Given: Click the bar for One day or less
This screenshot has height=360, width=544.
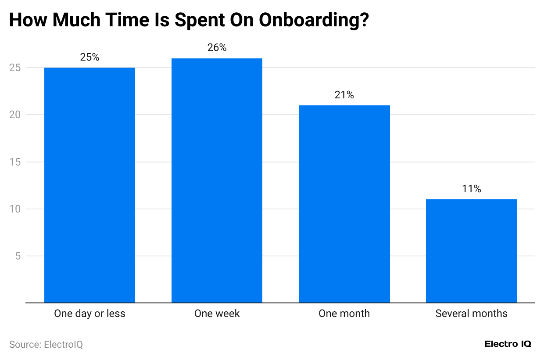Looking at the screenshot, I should point(89,185).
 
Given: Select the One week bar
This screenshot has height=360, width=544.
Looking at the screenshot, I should point(217,180).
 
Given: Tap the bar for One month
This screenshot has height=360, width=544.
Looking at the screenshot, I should point(344,204).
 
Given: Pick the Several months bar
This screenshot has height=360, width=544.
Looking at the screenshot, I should point(471,251).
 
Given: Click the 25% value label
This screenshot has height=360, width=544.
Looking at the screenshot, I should point(89,57).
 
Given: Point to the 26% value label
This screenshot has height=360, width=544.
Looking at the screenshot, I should point(217,48).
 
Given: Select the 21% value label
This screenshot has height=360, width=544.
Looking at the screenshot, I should point(344,95).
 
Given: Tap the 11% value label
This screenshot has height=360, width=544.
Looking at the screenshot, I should point(471,189).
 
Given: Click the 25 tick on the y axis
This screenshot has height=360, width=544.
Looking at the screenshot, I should point(16,68).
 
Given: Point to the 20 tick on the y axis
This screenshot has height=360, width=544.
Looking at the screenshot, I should point(16,115).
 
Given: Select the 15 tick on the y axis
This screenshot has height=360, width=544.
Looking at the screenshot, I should point(16,162).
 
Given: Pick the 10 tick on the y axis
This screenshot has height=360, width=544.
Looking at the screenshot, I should point(16,209).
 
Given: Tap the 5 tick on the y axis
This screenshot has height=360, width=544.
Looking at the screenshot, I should point(18,256).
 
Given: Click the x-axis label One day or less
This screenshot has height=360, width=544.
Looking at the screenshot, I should point(89,313).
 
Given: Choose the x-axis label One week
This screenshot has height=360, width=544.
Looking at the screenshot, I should point(217,313).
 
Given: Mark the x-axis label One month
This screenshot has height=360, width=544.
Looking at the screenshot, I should point(344,313).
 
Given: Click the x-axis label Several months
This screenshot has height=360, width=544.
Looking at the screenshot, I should point(471,313).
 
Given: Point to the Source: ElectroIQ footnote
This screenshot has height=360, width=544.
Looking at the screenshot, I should point(46,345).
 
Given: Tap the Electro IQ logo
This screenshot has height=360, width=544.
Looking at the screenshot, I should point(508,344).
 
